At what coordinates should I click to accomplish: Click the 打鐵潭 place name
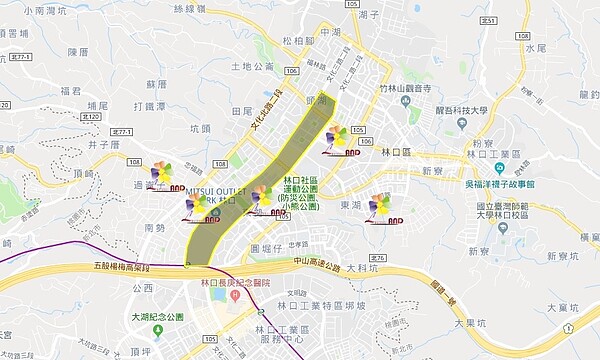point(148,106)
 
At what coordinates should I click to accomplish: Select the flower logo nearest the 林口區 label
point(337,138)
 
